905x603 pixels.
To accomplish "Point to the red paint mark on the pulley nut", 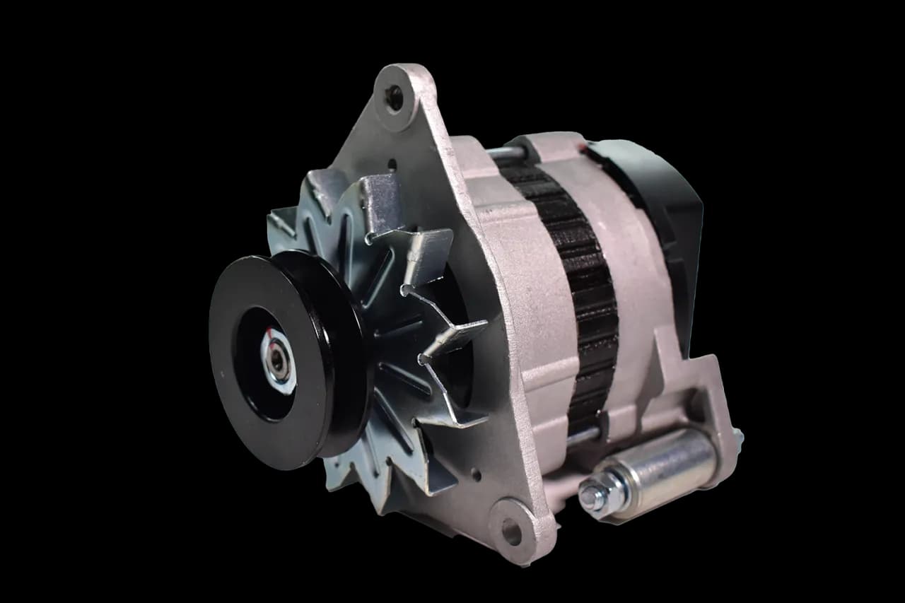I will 273,338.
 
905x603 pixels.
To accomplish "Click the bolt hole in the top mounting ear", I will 394,98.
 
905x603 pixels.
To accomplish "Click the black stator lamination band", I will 580,283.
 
